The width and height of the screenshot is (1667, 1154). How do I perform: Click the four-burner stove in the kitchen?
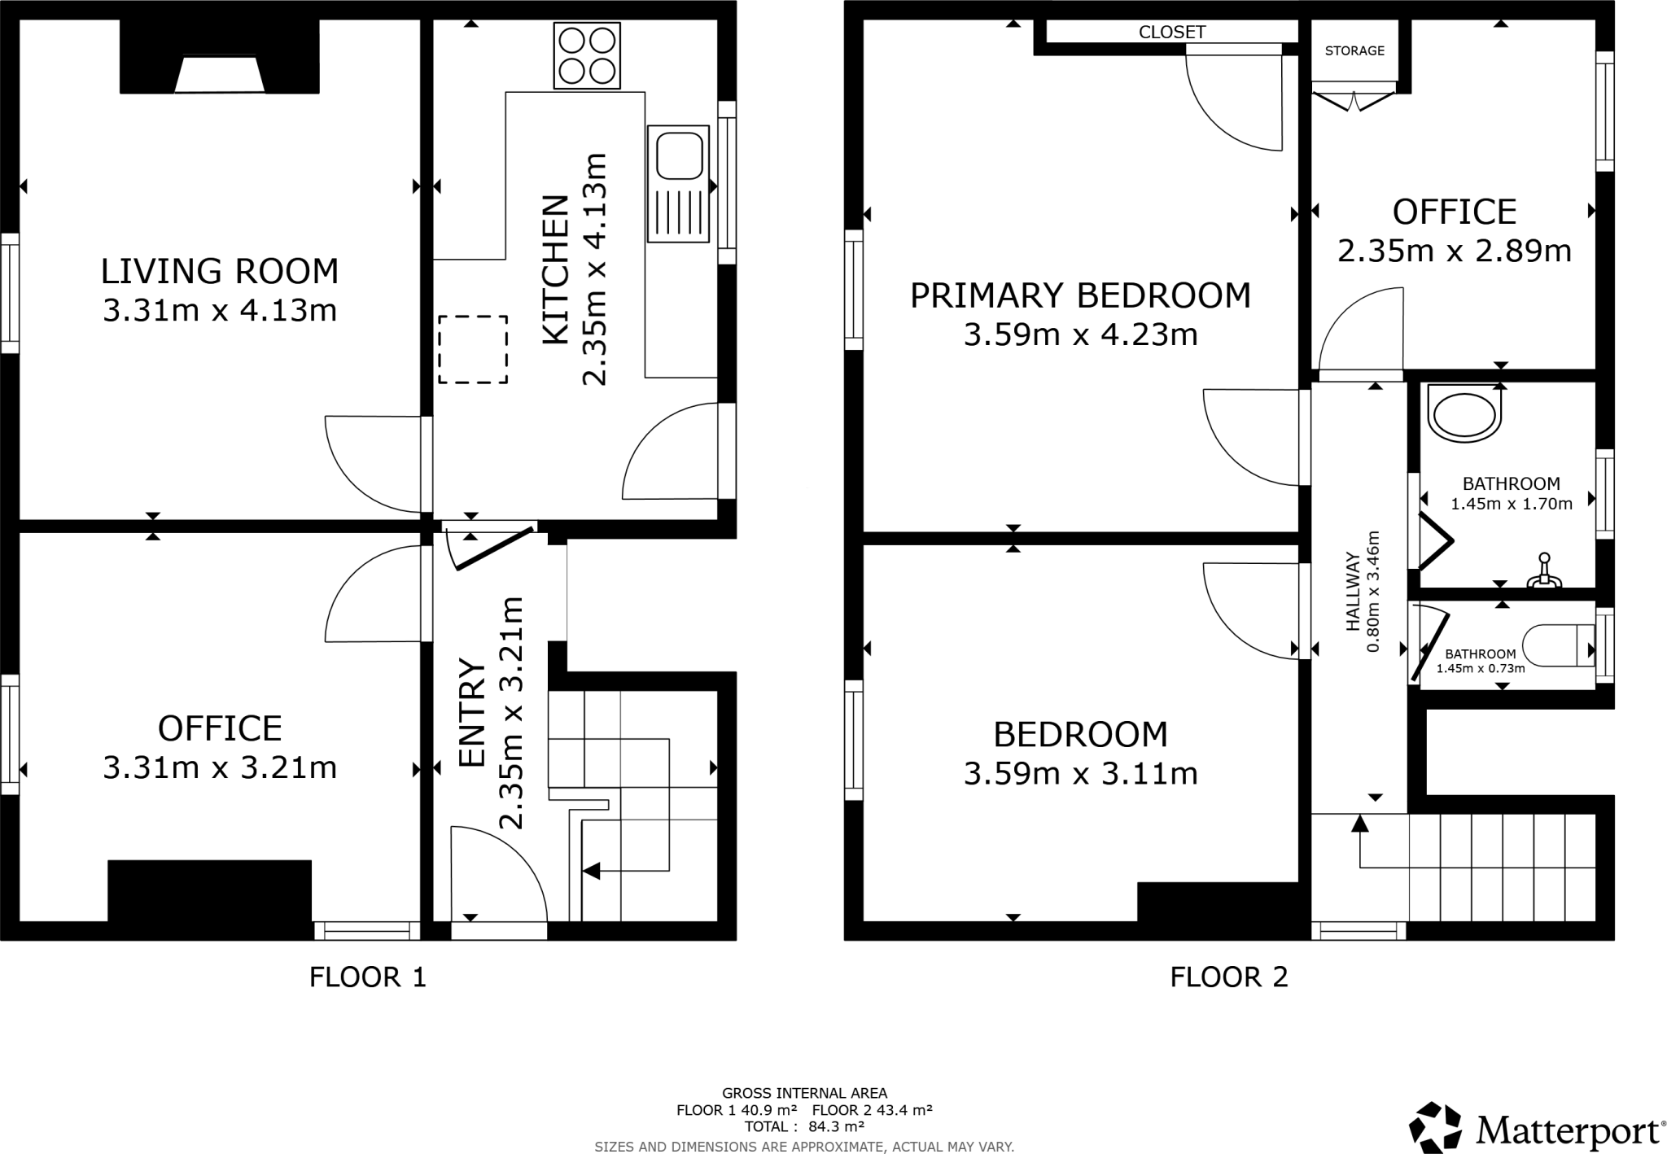587,55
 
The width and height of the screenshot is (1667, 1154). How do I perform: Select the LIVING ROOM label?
220,271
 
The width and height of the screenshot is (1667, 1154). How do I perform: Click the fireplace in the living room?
220,75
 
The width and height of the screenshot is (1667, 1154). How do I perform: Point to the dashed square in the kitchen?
473,349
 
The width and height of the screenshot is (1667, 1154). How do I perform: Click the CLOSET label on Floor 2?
1172,32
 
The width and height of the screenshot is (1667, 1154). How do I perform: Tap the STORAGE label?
1354,50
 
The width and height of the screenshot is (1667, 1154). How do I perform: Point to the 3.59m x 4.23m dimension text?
1080,334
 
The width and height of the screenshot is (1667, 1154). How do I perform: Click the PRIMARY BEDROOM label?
1080,295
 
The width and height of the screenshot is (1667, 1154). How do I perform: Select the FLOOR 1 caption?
368,977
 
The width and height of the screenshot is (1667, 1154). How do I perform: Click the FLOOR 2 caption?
1229,977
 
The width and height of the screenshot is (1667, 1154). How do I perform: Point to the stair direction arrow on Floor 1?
592,871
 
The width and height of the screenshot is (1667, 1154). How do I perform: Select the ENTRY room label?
472,713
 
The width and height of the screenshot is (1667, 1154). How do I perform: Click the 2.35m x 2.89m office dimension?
1454,251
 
